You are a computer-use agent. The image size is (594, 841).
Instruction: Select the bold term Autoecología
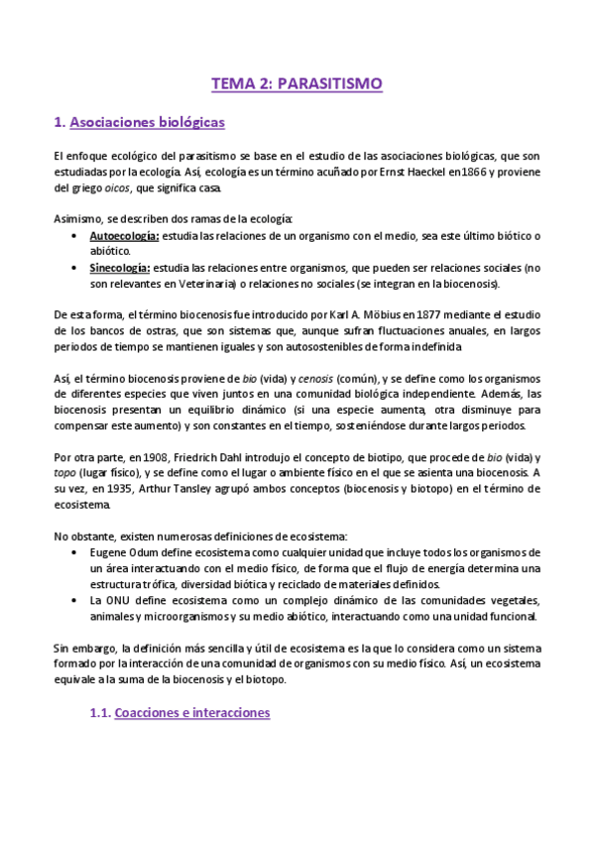pos(117,236)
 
